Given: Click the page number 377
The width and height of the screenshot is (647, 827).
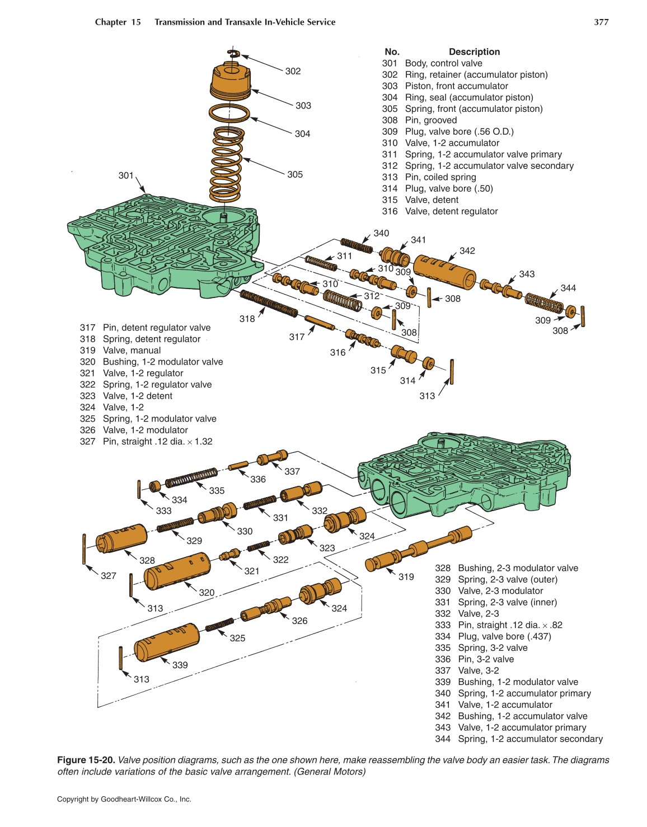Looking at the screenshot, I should click(601, 22).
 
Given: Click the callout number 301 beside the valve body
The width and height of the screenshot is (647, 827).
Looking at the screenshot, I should click(126, 176).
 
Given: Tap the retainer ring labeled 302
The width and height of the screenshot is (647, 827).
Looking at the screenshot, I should click(233, 54).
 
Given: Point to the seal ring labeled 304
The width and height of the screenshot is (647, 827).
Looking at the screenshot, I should click(229, 113).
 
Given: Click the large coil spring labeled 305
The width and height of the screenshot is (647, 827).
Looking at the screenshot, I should click(227, 163).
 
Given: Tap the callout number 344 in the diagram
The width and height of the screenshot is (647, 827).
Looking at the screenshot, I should click(568, 288).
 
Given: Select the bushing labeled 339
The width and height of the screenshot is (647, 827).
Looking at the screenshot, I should click(167, 641).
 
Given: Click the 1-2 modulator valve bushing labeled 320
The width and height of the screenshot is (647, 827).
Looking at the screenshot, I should click(177, 571).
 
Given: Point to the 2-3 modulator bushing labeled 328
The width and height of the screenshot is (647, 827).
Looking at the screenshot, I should click(121, 538).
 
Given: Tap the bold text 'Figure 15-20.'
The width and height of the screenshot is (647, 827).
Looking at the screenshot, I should click(86, 760).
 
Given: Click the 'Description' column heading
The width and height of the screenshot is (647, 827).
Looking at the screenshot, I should click(474, 52).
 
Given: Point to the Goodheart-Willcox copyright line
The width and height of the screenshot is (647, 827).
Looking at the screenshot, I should click(124, 799).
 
